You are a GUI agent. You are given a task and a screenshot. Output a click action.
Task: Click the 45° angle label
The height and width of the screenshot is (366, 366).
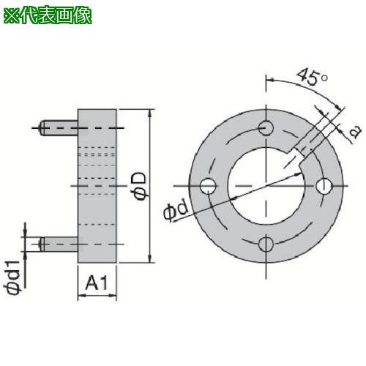click(312, 76)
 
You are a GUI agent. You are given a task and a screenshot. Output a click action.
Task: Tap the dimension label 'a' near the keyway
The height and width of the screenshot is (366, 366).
click(355, 132)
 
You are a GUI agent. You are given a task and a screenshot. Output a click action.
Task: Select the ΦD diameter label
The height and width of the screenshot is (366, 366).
click(141, 186)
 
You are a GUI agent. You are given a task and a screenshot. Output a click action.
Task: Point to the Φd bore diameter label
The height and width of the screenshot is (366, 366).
click(176, 211)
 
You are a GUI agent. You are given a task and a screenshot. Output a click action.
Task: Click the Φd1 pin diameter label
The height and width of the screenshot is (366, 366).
click(12, 277)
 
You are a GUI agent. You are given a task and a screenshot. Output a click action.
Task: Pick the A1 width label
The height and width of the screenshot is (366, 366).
click(97, 283)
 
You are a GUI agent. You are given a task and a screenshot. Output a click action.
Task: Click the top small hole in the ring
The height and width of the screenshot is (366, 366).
click(266, 128)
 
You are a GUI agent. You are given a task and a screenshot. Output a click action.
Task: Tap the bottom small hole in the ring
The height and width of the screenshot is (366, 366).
click(266, 244)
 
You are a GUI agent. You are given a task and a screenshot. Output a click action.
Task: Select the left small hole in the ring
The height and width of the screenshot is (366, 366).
click(208, 186)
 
